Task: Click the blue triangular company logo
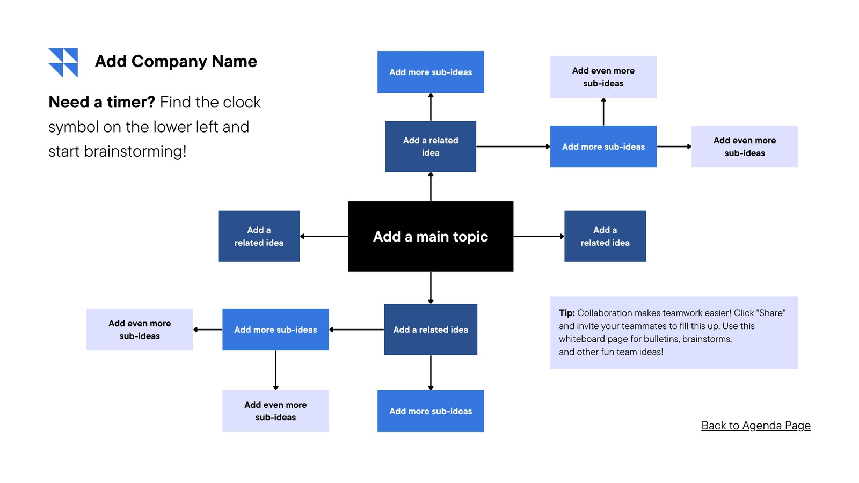tap(63, 63)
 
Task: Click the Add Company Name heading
tap(176, 61)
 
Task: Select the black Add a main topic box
tap(431, 236)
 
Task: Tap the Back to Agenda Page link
tap(756, 426)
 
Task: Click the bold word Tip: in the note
tap(567, 313)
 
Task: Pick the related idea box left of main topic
tap(259, 236)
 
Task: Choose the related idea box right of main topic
tap(605, 236)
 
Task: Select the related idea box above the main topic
tap(431, 147)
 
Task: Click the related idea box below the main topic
tap(431, 330)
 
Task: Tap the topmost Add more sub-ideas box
tap(431, 72)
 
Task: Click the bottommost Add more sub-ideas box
tap(431, 411)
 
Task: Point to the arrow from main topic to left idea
tap(324, 236)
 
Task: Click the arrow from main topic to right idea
tap(539, 236)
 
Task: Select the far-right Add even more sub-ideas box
tap(745, 147)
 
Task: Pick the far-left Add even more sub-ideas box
tap(140, 330)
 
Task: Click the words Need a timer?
tap(101, 103)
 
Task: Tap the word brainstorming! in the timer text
tap(135, 152)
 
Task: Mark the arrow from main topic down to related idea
tap(431, 288)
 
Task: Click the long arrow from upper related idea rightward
tap(513, 147)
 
